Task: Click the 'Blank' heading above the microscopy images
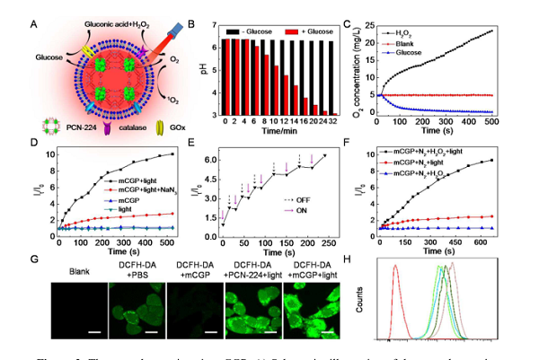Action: [x=74, y=267]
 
